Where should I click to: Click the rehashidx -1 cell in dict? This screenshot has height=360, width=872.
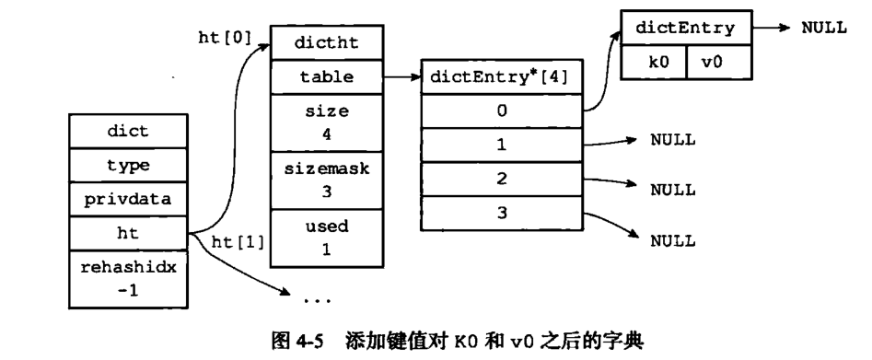coord(129,277)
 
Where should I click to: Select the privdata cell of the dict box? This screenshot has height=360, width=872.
coord(129,198)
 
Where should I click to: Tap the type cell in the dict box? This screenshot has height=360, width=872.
coord(129,165)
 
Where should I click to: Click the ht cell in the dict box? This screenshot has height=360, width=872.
coord(129,233)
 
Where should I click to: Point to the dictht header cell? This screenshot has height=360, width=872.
coord(325,42)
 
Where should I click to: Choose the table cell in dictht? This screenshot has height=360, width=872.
coord(325,77)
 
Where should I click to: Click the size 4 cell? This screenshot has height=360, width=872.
coord(325,121)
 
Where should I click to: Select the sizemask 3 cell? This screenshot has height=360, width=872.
coord(325,180)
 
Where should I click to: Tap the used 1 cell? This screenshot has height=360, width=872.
coord(325,237)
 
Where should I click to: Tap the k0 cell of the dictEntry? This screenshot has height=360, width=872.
coord(654,63)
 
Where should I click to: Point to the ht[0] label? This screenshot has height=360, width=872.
coord(226,40)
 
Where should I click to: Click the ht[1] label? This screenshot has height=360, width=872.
coord(238,242)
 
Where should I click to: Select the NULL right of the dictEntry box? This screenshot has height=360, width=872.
coord(823,28)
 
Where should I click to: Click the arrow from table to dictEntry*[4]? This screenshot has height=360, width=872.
coord(401,77)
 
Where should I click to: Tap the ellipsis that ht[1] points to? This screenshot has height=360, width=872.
coord(317,300)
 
